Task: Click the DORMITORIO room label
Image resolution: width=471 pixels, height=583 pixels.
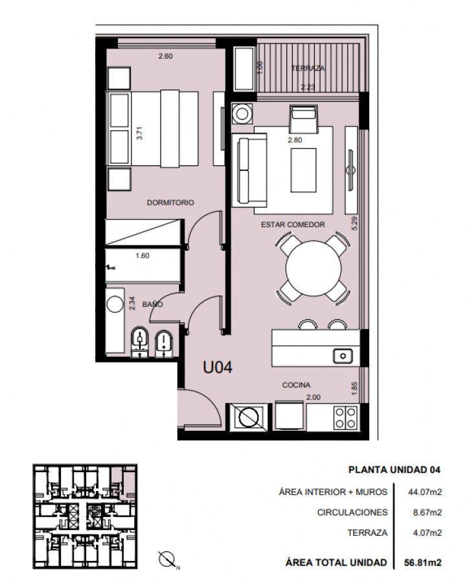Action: click(x=170, y=203)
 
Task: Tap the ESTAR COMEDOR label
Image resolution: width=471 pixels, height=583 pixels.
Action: click(x=293, y=225)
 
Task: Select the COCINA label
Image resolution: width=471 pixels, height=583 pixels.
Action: click(x=296, y=385)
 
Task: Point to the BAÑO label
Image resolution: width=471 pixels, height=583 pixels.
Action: click(x=152, y=304)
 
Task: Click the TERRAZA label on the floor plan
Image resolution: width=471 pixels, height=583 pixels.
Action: click(x=308, y=68)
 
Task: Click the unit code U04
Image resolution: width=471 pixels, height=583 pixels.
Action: click(x=218, y=367)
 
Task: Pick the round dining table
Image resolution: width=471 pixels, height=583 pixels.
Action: click(x=314, y=268)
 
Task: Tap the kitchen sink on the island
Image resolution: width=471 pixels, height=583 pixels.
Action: click(x=343, y=356)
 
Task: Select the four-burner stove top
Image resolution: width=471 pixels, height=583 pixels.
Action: click(x=346, y=418)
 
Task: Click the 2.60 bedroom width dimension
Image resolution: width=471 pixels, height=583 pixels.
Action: click(x=165, y=56)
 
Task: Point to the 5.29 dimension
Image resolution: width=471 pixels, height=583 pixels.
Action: click(x=354, y=223)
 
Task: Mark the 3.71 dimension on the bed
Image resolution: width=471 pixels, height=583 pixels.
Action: click(x=139, y=133)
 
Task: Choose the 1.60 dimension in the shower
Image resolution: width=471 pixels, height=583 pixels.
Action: click(x=143, y=255)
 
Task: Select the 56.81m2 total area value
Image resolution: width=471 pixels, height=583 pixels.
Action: click(x=423, y=562)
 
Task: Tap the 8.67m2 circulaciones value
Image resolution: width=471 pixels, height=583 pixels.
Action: click(x=428, y=512)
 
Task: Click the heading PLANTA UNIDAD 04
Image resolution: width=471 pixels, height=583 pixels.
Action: click(x=395, y=470)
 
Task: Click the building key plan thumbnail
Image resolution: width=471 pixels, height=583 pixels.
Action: click(x=85, y=516)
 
